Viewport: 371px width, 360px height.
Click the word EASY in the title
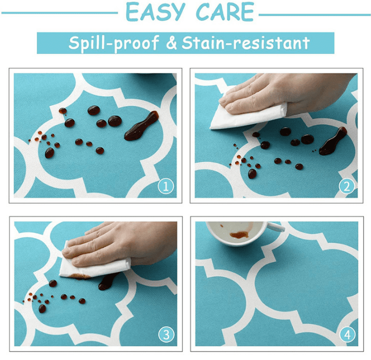coord(155,12)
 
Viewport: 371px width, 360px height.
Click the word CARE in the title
coord(225,12)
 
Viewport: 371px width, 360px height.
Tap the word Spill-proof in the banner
coord(114,43)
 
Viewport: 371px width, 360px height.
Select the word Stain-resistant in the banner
coord(246,43)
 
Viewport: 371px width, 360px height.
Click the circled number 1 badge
coord(166,186)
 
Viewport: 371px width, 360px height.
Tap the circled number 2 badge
coord(347,186)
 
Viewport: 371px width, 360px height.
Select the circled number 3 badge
coord(167,334)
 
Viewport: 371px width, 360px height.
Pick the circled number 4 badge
coord(348,334)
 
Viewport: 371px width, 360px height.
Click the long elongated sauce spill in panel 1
coord(141,126)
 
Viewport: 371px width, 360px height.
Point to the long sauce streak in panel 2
coord(333,142)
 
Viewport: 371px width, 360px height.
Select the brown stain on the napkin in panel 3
coord(81,276)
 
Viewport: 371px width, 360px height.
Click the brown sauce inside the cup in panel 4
coord(239,235)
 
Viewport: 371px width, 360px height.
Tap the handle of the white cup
coord(276,227)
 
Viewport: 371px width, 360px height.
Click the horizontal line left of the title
coord(60,13)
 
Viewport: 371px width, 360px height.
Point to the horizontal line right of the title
coord(315,15)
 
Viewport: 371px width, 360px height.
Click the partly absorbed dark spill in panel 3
coord(107,282)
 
